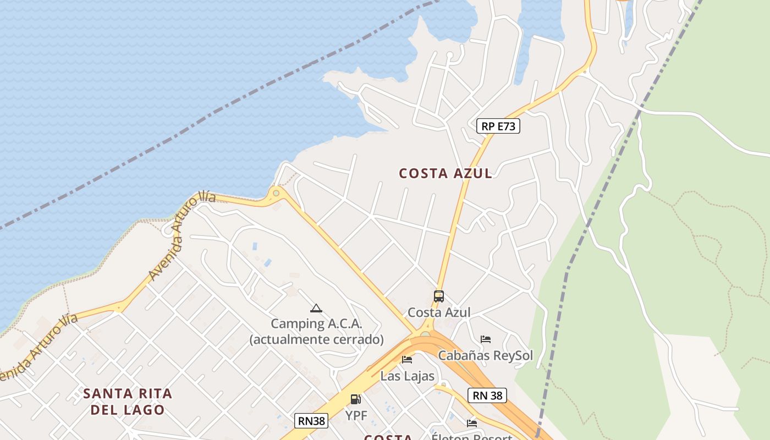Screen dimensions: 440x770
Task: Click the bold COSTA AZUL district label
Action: tap(446, 173)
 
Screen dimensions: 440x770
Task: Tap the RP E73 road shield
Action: tap(498, 127)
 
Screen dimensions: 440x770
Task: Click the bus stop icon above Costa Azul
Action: tap(438, 296)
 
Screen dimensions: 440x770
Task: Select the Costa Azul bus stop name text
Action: tap(439, 312)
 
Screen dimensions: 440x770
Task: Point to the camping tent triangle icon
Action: tap(316, 309)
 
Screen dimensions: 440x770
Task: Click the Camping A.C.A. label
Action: tap(316, 323)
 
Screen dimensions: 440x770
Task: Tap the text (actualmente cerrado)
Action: tap(316, 339)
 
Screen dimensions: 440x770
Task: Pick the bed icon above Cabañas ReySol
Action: tap(485, 339)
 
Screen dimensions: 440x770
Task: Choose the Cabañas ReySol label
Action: tap(485, 355)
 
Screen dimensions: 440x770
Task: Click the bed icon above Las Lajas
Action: tap(407, 360)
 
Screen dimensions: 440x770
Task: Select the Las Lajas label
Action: tap(407, 376)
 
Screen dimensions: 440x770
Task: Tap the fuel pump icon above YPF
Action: tap(356, 399)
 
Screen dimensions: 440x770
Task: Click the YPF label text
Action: tap(356, 415)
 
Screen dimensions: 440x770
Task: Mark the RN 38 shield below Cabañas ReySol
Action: tap(487, 395)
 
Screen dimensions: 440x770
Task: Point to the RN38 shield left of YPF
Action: tap(311, 421)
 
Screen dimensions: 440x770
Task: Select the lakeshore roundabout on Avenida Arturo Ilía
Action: tap(276, 194)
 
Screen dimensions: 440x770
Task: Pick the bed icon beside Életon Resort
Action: tap(472, 424)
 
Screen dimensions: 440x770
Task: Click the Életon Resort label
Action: tap(472, 437)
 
